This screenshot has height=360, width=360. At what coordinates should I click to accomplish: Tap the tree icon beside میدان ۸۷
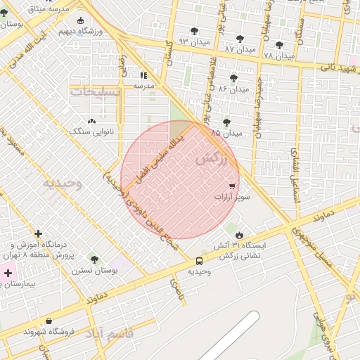coord(240,39)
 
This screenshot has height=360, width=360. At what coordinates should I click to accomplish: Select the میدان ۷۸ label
coord(278,55)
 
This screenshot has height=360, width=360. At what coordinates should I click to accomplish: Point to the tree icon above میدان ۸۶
coord(233,78)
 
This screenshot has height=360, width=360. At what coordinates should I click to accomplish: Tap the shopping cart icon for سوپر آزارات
coord(232,186)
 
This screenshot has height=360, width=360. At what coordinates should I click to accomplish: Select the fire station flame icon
coord(240,234)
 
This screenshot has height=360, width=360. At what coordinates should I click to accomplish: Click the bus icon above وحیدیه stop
coord(200,262)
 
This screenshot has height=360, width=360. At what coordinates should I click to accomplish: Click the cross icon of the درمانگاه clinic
coord(38,233)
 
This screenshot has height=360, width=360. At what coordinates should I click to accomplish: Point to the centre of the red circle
coord(180,180)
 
